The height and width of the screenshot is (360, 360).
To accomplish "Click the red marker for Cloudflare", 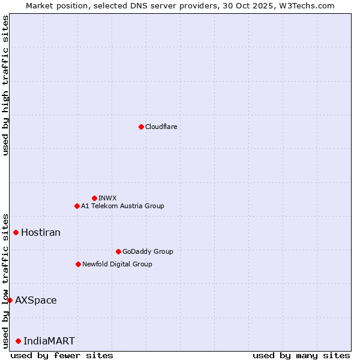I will click(x=141, y=127).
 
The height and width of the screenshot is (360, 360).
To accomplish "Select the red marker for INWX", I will click(x=94, y=198).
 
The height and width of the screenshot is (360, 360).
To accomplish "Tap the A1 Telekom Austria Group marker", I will click(x=77, y=206).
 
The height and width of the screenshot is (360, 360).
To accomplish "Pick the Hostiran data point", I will click(x=16, y=232).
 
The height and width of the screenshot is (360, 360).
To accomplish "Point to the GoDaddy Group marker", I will click(x=118, y=251).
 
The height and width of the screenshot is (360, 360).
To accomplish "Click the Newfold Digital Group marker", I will click(x=78, y=264).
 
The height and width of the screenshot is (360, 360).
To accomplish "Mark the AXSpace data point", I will click(x=10, y=300).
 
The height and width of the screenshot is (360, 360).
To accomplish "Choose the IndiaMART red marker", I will click(x=18, y=341).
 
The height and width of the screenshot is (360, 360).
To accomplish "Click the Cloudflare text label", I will click(x=161, y=127).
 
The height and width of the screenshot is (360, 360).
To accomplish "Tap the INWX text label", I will click(x=108, y=198).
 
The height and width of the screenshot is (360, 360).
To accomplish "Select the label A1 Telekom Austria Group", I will click(x=122, y=206).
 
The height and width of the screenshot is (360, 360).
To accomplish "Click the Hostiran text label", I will click(x=41, y=232).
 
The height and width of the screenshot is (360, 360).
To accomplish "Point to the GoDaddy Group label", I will click(x=148, y=251).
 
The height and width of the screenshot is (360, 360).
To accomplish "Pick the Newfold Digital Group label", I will click(x=117, y=264).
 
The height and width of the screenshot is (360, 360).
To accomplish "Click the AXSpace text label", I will click(x=36, y=300).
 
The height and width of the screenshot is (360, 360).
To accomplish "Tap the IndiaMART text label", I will click(x=49, y=341).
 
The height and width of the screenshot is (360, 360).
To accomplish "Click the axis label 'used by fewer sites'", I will click(x=62, y=355).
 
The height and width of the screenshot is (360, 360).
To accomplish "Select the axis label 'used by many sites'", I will click(x=301, y=355).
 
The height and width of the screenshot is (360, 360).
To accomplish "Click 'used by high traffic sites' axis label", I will click(x=5, y=85).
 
